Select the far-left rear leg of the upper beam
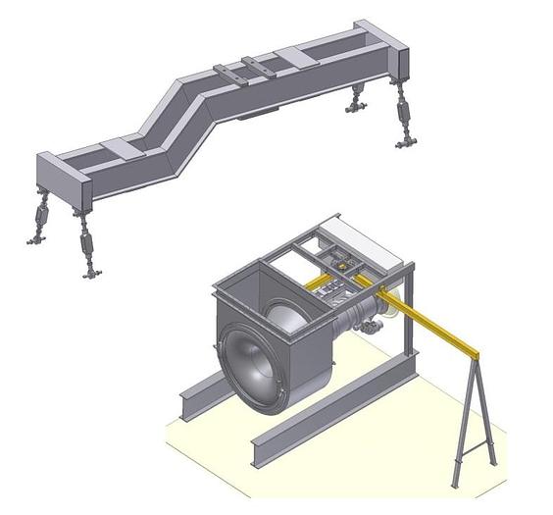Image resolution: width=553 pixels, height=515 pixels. (42, 217)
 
